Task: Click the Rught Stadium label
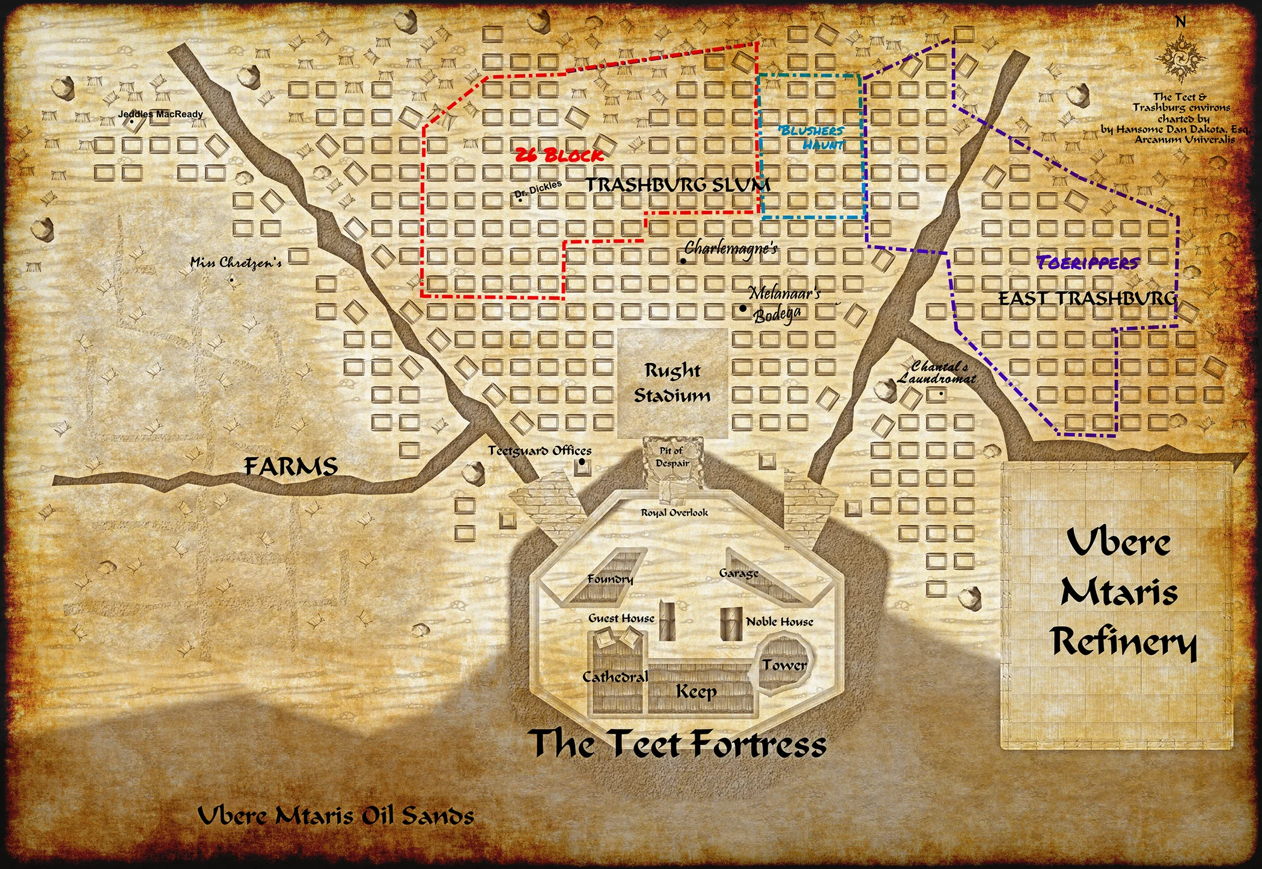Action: (x=672, y=383)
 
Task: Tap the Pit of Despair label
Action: (x=672, y=457)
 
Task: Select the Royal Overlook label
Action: (x=674, y=513)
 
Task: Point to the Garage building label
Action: (x=739, y=573)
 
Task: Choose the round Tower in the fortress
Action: (x=784, y=665)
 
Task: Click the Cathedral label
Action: (x=615, y=677)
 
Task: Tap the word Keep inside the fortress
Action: (x=696, y=692)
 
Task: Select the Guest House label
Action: (x=621, y=618)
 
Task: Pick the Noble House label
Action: (x=779, y=622)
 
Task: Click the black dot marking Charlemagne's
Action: (x=683, y=261)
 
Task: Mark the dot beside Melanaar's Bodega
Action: (x=743, y=308)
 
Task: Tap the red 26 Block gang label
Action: (x=559, y=156)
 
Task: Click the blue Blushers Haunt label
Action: (x=811, y=138)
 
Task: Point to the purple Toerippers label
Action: (x=1088, y=263)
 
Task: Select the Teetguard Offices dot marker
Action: (x=582, y=462)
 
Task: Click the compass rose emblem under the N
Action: (x=1180, y=59)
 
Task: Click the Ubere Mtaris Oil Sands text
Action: (x=336, y=816)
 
